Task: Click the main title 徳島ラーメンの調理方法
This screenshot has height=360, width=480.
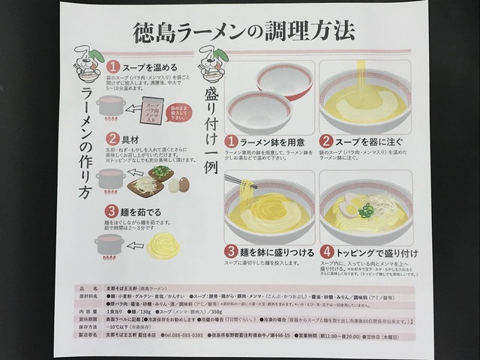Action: coord(243,31)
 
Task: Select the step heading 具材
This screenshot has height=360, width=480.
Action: coord(130,139)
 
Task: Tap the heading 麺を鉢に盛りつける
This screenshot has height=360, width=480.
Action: coord(277,251)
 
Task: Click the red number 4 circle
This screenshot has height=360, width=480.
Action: coord(327,251)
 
